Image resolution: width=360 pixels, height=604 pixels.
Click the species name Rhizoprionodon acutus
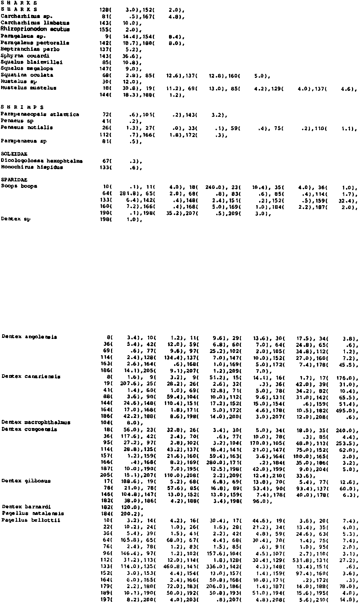tap(35, 29)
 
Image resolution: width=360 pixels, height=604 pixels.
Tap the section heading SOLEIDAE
tap(14, 154)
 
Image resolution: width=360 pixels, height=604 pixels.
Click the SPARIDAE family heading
tap(14, 180)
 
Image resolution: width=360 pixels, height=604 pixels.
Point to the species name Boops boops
tap(19, 186)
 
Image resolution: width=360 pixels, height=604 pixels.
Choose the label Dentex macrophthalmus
tap(36, 422)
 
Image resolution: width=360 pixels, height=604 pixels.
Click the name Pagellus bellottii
tap(31, 520)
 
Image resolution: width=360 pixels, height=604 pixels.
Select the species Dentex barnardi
tap(26, 507)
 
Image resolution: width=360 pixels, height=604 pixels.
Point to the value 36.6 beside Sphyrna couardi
tap(128, 56)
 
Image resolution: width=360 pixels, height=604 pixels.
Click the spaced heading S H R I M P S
tap(22, 107)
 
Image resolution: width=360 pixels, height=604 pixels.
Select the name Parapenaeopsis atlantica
tap(40, 114)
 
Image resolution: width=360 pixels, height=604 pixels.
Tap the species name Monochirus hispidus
tap(32, 167)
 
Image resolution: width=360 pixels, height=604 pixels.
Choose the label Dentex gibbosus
tap(26, 481)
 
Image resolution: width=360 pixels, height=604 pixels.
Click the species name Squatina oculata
tap(27, 75)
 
